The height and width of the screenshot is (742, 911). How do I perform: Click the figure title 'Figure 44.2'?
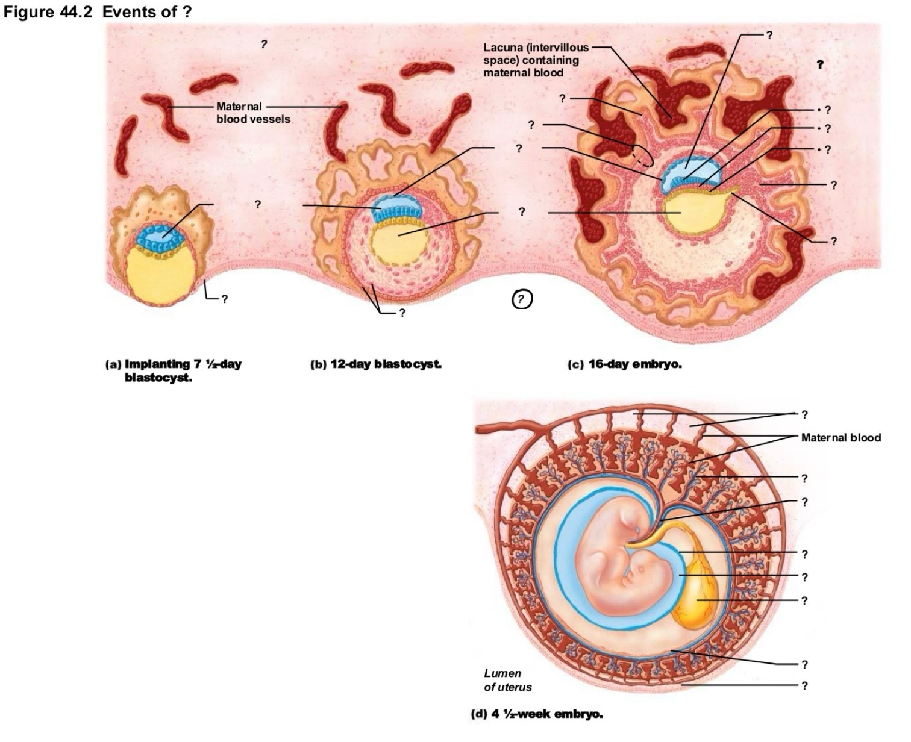(48, 12)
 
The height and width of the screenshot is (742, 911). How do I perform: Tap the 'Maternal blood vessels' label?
(253, 113)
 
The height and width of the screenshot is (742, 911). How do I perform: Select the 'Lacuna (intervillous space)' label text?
(536, 54)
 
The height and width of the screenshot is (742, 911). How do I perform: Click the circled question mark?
(522, 299)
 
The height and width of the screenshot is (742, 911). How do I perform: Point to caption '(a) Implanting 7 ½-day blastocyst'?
(174, 370)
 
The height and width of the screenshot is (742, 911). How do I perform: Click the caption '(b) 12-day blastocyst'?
(376, 364)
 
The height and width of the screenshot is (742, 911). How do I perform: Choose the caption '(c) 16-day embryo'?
(625, 364)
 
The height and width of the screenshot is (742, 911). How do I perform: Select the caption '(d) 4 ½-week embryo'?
(537, 714)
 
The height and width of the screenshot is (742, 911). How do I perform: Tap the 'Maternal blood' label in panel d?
(841, 437)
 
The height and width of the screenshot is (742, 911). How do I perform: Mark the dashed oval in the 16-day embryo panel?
(643, 155)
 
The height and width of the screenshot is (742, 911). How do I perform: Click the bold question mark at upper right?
(819, 64)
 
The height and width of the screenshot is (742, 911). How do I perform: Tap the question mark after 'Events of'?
(186, 12)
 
